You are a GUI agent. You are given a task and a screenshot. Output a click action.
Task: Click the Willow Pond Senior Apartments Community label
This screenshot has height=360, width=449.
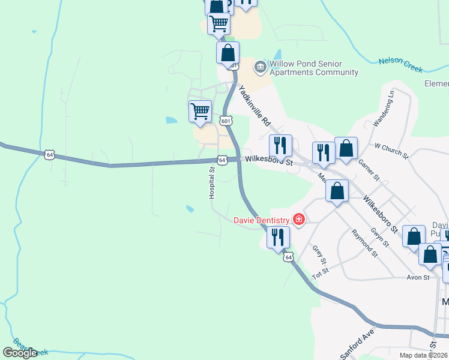(x=313, y=68)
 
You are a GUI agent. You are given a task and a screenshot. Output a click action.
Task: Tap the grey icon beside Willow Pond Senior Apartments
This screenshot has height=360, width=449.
(x=260, y=65)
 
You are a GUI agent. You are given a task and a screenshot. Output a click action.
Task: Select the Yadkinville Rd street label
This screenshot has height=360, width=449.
(x=255, y=106)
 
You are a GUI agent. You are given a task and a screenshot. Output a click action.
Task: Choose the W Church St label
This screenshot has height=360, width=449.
(x=391, y=151)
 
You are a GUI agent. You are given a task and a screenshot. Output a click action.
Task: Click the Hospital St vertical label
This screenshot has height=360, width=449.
(x=211, y=183)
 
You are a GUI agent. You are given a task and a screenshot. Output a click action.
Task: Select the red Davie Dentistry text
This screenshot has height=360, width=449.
(x=261, y=220)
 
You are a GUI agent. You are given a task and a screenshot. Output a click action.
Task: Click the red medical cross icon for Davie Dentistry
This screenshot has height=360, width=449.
(x=298, y=220)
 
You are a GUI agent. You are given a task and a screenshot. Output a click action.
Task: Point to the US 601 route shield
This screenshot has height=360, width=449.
(x=226, y=121)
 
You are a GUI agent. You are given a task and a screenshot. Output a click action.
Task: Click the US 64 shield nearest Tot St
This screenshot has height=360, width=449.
(x=289, y=257)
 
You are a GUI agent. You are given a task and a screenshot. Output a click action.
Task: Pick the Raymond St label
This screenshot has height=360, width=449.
(x=364, y=242)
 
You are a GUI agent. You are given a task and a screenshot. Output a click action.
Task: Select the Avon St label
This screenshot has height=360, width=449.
(x=418, y=278)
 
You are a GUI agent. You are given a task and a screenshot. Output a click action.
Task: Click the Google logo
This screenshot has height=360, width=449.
(x=20, y=353)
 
